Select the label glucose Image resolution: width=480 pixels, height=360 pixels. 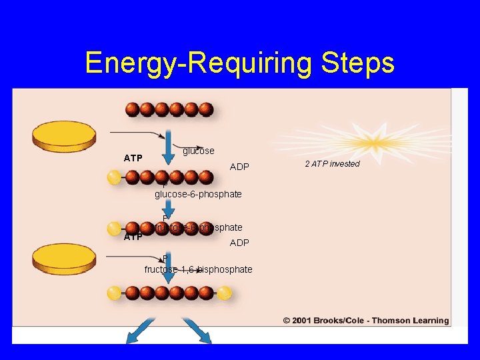[199, 151]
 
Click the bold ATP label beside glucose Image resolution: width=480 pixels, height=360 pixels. [133, 158]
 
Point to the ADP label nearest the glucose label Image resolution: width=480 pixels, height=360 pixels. [239, 167]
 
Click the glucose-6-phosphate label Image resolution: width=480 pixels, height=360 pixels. [198, 194]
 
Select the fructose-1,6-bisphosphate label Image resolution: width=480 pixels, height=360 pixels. [198, 269]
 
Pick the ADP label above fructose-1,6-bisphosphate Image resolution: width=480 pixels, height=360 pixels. [239, 243]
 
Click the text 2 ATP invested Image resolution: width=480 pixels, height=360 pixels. [332, 164]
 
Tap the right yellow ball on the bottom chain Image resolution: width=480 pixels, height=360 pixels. [224, 293]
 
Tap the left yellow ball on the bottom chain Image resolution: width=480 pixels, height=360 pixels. [115, 293]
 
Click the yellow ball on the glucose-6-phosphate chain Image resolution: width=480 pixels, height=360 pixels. [114, 177]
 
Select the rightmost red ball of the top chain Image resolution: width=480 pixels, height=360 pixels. [206, 109]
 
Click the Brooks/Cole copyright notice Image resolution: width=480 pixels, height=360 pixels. [365, 321]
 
